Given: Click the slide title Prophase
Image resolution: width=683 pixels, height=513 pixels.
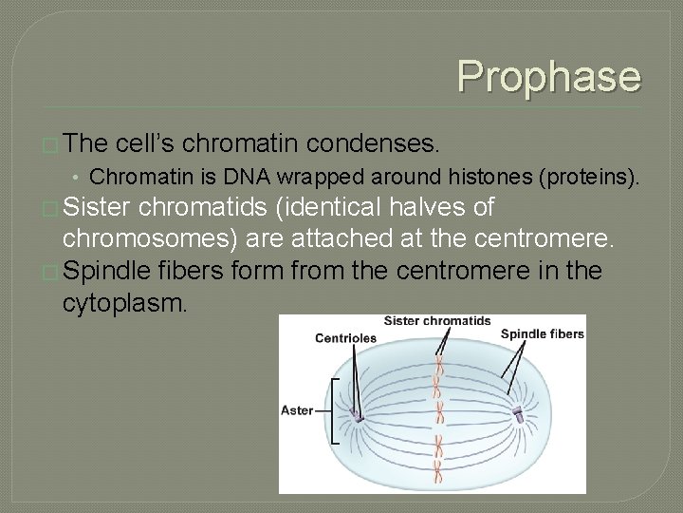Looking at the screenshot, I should tap(549, 77).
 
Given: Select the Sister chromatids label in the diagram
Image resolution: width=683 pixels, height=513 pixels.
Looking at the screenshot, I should tap(436, 321).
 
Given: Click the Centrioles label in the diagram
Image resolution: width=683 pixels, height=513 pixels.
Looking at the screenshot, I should tap(345, 337).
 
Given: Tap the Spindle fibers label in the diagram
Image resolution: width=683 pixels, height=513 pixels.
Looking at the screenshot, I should tap(542, 333).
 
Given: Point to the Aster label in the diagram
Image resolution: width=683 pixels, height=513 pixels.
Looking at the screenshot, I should tap(297, 410).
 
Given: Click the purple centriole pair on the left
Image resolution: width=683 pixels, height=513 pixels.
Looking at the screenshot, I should tap(357, 415).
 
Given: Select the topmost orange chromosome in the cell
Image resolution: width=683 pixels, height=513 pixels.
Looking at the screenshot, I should tap(439, 365).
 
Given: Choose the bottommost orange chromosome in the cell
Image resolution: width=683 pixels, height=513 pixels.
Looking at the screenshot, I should tap(438, 467).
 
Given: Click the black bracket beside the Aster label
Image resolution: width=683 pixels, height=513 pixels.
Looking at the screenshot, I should tap(333, 410).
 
